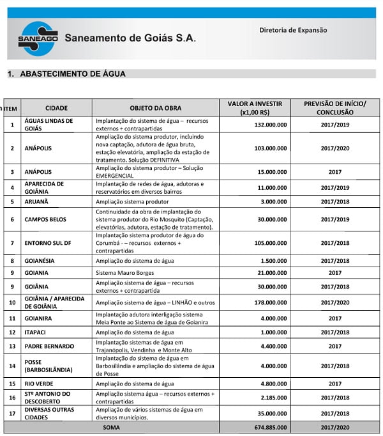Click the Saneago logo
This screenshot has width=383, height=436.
(38, 38)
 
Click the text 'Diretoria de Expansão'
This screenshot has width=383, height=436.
(293, 30)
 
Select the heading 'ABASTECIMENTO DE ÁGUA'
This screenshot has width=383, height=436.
(73, 74)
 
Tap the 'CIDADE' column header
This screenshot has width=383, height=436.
(56, 108)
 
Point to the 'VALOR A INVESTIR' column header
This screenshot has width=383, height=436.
(254, 104)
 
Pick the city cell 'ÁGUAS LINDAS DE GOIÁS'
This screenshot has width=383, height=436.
(49, 124)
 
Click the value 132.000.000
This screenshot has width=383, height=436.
(267, 125)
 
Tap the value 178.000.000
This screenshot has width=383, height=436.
(267, 302)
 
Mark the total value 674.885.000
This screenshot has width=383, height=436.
(267, 427)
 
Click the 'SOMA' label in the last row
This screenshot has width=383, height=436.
(112, 427)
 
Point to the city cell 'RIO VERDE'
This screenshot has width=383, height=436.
(41, 384)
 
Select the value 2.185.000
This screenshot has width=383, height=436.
(271, 398)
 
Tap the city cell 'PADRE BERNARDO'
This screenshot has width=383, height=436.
(51, 346)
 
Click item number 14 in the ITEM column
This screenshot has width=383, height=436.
(12, 366)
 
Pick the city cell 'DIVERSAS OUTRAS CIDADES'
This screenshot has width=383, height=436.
(49, 413)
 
